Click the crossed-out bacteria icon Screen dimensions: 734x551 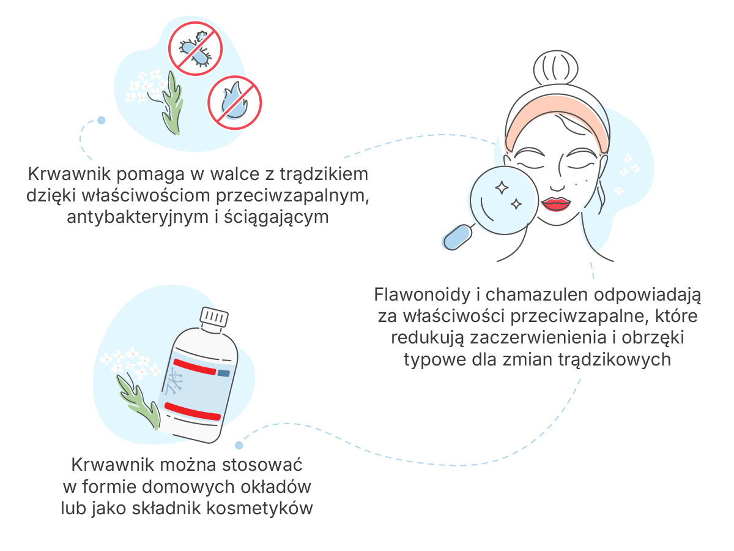tap(195, 48)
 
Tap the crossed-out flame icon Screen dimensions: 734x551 tap(235, 102)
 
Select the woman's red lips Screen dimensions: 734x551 tap(556, 204)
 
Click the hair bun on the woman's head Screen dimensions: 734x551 tap(556, 68)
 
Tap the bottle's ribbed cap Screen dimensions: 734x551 tap(214, 317)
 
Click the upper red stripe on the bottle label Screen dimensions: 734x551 tap(195, 367)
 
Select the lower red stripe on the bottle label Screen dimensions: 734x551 tap(193, 411)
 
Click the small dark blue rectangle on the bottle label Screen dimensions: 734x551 tap(224, 373)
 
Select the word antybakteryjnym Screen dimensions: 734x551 tap(138, 217)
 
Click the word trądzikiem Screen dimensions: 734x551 tap(324, 174)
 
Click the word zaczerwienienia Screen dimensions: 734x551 tap(538, 337)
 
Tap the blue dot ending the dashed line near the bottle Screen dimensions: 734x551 tap(239, 445)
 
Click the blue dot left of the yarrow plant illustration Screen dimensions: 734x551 tap(102, 120)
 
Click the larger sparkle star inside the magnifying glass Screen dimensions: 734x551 tap(502, 188)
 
